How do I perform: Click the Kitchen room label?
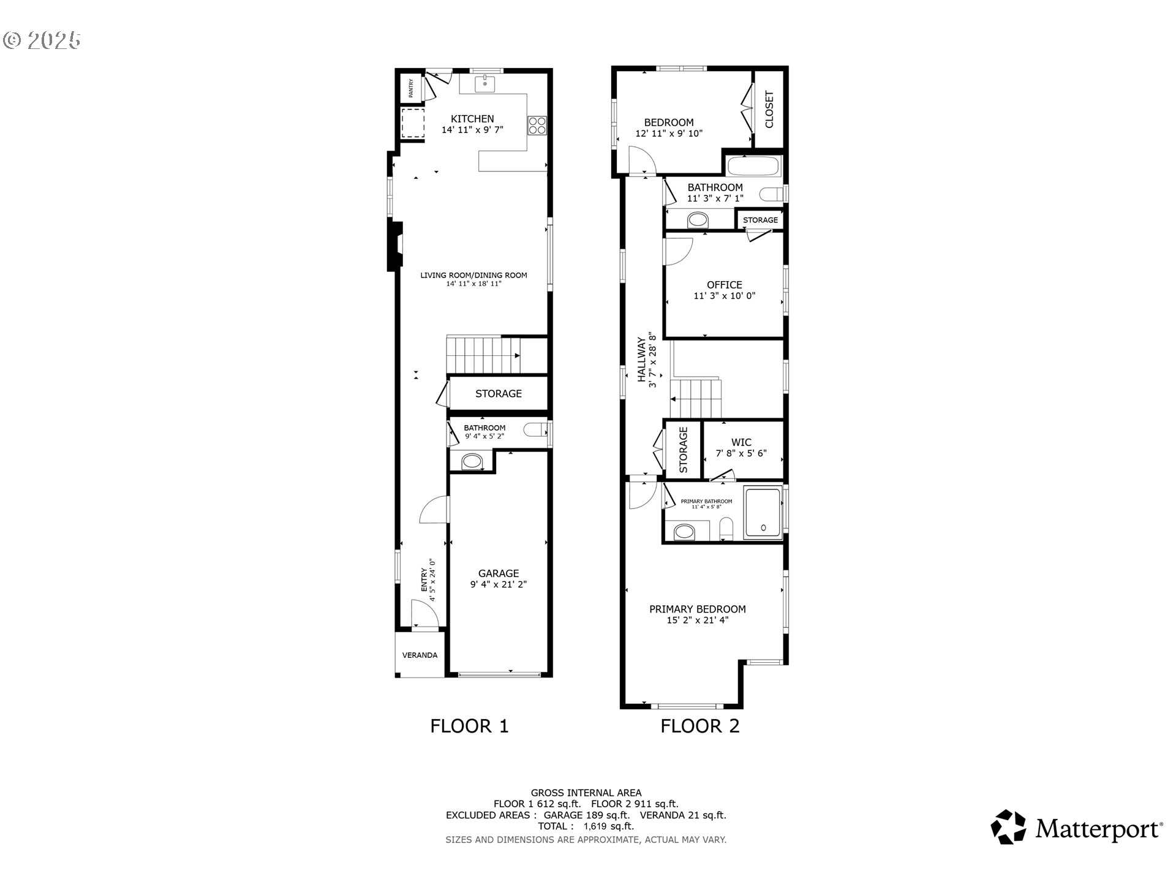472,119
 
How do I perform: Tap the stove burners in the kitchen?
537,126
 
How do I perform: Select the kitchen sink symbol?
485,83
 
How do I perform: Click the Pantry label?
411,88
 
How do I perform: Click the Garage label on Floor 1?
499,573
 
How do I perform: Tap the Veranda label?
420,655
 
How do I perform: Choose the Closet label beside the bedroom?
769,110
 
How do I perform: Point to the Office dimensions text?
725,296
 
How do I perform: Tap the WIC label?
741,442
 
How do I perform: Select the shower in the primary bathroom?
763,513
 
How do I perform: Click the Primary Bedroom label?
698,609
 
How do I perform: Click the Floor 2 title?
700,726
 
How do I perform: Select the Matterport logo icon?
1008,827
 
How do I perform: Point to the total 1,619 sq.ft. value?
609,826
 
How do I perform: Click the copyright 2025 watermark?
42,40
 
